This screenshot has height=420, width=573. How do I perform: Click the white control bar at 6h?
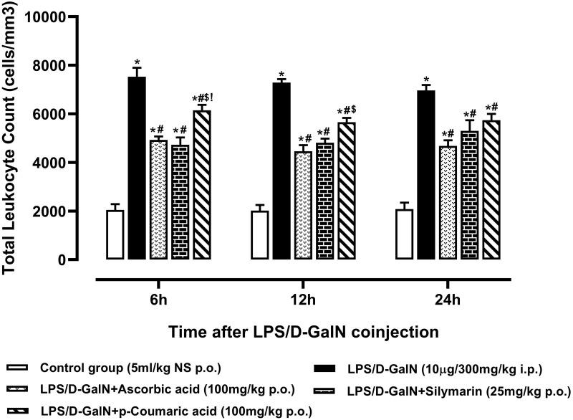[115, 235]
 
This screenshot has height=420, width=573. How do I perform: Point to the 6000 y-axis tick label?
[67, 114]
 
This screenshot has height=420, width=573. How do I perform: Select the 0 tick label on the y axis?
[82, 260]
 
